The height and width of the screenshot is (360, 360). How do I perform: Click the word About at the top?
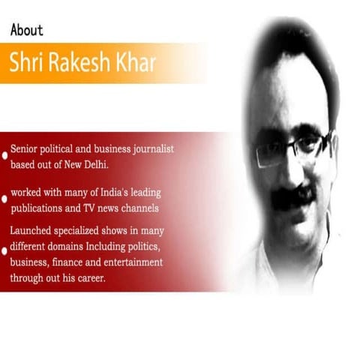[x=26, y=30]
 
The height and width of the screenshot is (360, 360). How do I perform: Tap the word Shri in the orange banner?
[x=29, y=62]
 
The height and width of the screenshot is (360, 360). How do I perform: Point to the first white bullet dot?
[x=5, y=154]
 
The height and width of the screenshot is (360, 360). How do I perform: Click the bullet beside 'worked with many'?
[x=5, y=199]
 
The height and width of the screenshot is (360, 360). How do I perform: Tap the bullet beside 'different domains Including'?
[x=5, y=248]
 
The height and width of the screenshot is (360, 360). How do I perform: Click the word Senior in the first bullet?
[x=26, y=148]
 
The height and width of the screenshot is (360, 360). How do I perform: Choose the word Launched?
[x=34, y=231]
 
